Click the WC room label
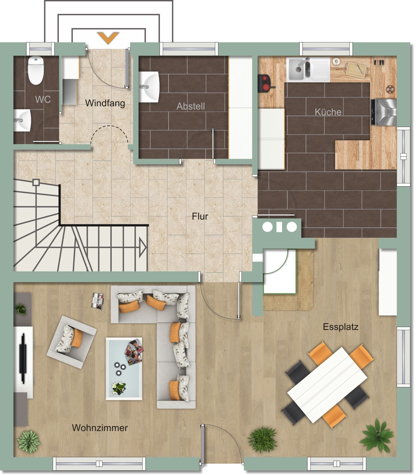click(43, 99)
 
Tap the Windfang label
click(105, 103)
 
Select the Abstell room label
click(191, 106)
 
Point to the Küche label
click(328, 112)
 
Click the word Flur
click(200, 216)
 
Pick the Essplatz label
click(341, 327)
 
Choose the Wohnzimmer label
click(100, 428)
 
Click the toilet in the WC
click(36, 70)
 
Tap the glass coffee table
click(124, 369)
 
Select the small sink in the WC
click(22, 120)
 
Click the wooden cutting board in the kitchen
click(357, 70)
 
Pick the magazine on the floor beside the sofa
click(98, 301)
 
